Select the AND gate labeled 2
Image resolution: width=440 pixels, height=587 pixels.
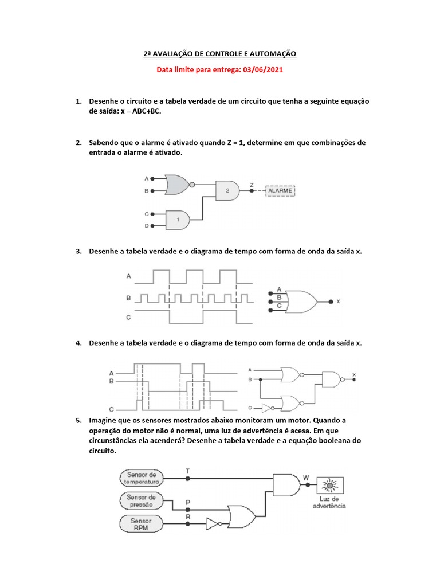tap(227, 190)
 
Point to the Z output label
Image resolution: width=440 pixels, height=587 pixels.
tap(252, 185)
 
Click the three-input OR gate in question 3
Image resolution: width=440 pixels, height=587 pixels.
tap(301, 300)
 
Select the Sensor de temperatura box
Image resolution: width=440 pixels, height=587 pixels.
tap(142, 478)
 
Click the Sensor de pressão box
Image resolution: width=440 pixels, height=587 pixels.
tap(142, 500)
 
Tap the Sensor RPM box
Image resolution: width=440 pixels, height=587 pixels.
tap(142, 524)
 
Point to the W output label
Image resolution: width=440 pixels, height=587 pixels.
tap(306, 477)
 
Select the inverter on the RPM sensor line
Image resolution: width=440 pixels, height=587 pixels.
tap(213, 523)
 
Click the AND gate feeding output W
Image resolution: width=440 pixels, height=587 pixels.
tap(286, 485)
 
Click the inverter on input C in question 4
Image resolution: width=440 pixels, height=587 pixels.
tap(267, 408)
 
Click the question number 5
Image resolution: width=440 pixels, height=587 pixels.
tap(78, 420)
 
